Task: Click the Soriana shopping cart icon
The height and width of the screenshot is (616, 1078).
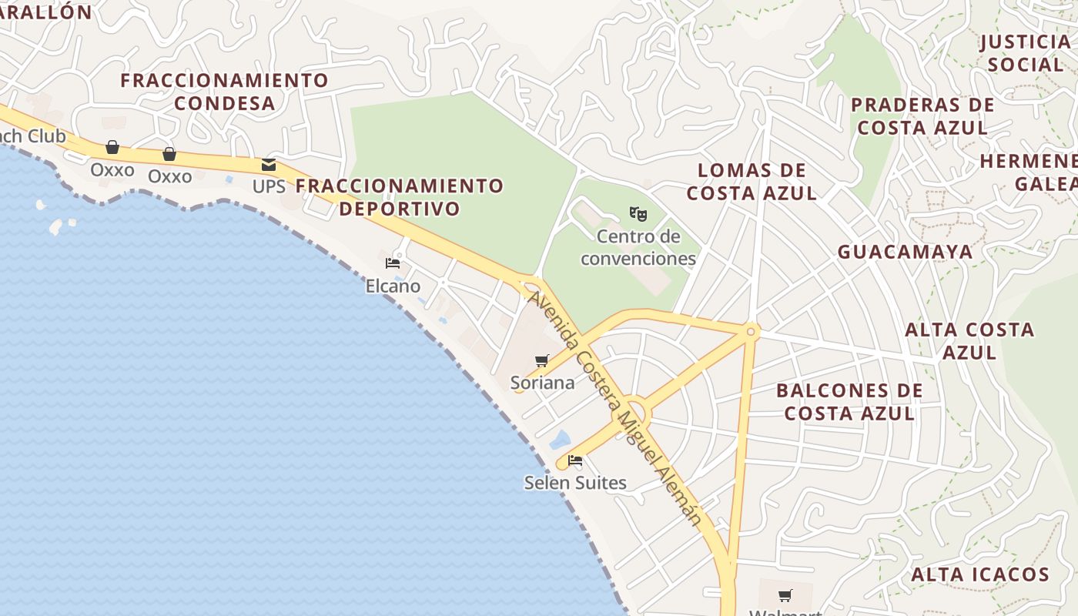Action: click(542, 360)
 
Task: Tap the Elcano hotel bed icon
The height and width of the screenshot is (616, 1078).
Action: click(393, 263)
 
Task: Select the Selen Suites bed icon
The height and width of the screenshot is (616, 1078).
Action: click(575, 461)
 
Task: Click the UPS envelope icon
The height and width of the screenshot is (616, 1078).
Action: click(269, 164)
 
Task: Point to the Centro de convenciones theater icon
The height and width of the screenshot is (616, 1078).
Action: click(638, 213)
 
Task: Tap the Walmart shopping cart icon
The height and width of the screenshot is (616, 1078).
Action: click(785, 595)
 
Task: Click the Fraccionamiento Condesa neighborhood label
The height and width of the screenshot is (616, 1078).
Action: click(224, 92)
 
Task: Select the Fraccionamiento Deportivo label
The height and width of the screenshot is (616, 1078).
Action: click(399, 197)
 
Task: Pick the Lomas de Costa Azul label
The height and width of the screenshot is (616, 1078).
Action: click(752, 182)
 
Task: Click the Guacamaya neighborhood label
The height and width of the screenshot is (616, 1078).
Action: click(906, 252)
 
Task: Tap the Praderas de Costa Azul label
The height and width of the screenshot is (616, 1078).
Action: click(922, 116)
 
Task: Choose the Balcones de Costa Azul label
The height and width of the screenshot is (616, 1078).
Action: click(849, 402)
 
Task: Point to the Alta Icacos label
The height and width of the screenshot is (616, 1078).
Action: click(980, 574)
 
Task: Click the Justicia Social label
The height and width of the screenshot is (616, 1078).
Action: click(1025, 53)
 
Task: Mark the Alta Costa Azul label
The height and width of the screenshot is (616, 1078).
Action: click(969, 341)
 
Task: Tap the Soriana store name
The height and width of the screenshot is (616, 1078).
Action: click(543, 383)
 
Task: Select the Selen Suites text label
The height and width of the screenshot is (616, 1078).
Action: click(575, 483)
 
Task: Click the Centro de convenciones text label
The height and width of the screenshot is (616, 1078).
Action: click(638, 247)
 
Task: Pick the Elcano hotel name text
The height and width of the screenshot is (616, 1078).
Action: click(393, 286)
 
